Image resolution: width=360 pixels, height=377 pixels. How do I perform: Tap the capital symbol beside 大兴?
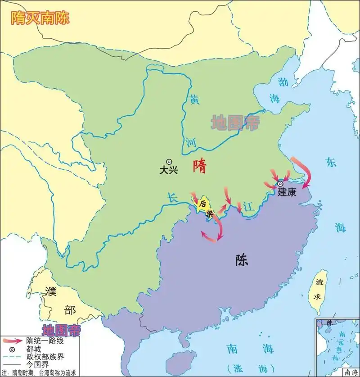(x=169, y=161)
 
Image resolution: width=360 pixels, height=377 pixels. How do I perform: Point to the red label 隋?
(x=199, y=166)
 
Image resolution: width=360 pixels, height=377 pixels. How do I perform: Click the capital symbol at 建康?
(x=280, y=183)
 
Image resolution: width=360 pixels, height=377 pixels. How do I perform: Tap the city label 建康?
(x=287, y=192)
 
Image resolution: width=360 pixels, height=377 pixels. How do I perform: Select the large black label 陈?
(x=241, y=260)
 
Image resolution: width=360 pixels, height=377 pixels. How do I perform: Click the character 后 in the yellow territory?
(x=203, y=203)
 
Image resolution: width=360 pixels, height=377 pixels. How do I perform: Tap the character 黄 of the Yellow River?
(x=194, y=100)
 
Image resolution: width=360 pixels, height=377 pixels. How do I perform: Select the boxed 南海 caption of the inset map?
(x=350, y=372)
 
